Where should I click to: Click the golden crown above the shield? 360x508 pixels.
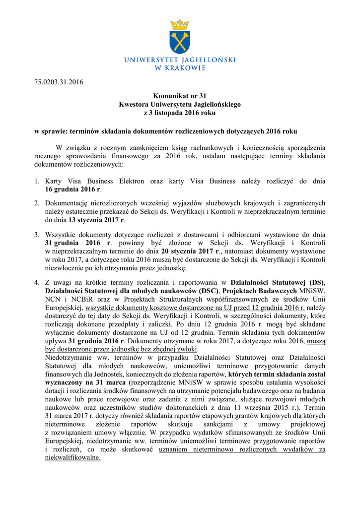click(x=180, y=24)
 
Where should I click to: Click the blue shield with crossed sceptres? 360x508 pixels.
click(x=180, y=42)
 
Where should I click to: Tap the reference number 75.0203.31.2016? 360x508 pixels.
click(x=59, y=82)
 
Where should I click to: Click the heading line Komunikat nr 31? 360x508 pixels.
click(x=180, y=96)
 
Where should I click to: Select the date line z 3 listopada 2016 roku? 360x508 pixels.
click(x=180, y=113)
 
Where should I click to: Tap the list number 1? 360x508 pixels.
click(x=37, y=182)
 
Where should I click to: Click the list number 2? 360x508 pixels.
click(x=37, y=203)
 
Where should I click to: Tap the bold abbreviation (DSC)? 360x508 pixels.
click(x=208, y=291)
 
